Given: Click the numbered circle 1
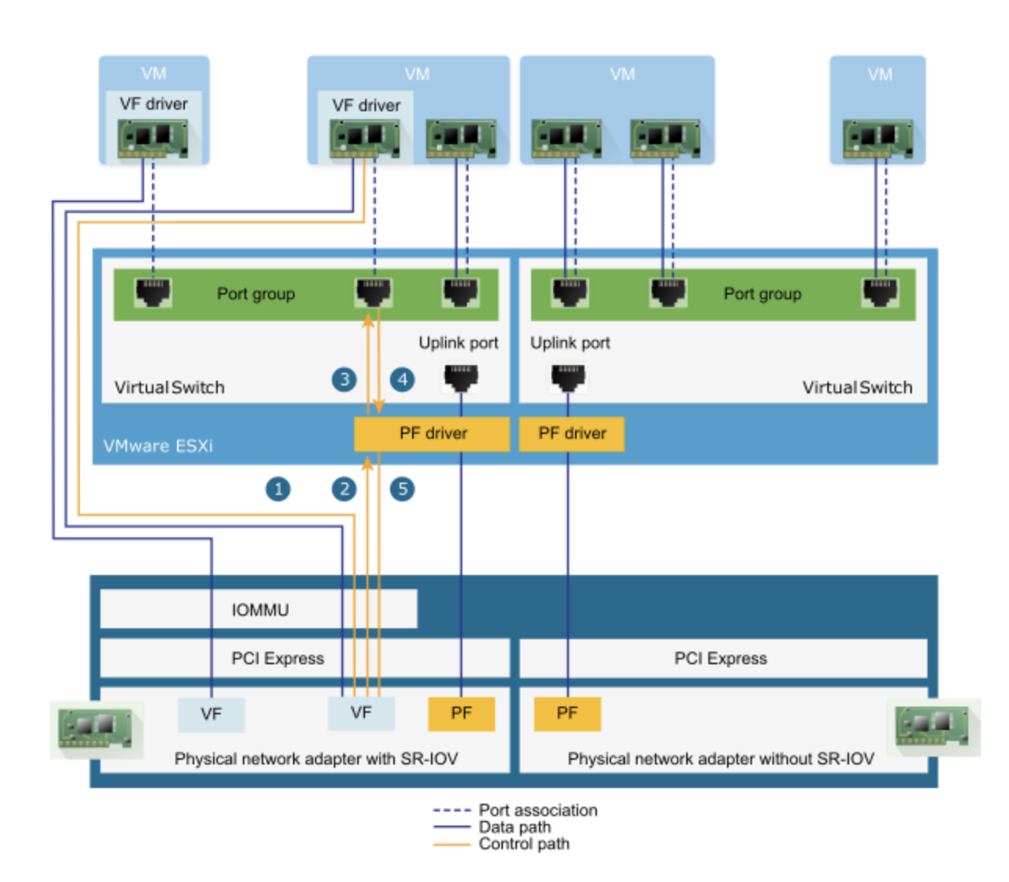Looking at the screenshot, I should tap(278, 490).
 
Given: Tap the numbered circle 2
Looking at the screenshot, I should tap(344, 490).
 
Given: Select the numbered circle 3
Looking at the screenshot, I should tap(344, 380).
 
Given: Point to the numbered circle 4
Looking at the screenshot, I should tap(403, 380).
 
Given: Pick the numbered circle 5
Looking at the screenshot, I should tap(403, 490).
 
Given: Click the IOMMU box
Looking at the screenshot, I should tap(259, 609).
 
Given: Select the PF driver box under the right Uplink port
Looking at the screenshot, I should tap(572, 433).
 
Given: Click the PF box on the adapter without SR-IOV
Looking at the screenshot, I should tap(567, 714).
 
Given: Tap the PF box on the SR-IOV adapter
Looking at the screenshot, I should tap(461, 714).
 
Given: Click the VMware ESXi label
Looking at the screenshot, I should tap(158, 446).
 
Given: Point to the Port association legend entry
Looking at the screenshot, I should tap(537, 810).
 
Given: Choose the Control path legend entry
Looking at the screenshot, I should tap(523, 844).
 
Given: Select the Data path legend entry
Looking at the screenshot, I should tap(515, 827).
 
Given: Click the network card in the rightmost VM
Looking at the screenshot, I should tap(878, 139).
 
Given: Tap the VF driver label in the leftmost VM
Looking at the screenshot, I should tap(154, 103).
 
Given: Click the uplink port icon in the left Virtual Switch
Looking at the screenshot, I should tap(461, 378).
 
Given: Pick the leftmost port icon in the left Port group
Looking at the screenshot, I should tap(153, 293).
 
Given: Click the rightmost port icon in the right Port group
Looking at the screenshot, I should tap(881, 293).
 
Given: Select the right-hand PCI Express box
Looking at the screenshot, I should tap(721, 658).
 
